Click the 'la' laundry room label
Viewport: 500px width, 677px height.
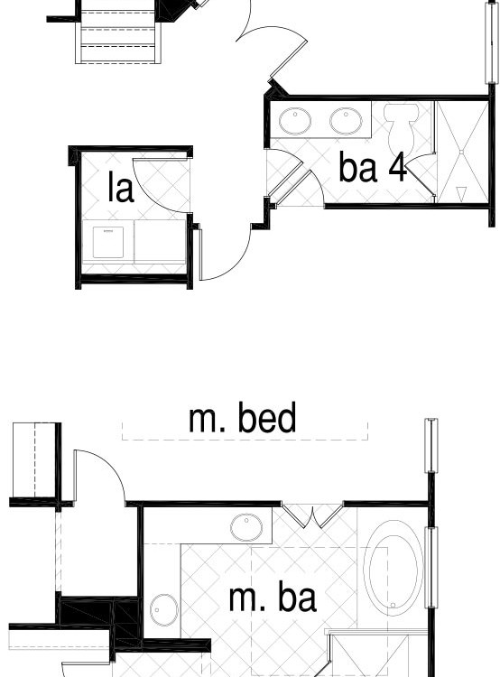click(120, 188)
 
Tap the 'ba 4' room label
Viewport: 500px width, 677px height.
click(373, 168)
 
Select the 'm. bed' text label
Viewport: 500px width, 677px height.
click(243, 418)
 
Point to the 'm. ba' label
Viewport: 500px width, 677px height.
click(273, 597)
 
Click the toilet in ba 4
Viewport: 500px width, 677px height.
click(401, 126)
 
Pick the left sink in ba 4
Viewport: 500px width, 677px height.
click(295, 121)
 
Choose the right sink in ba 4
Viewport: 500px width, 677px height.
click(346, 121)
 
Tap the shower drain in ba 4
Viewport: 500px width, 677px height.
click(461, 153)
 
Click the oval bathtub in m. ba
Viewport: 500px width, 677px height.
click(394, 568)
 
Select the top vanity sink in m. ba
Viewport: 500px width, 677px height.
click(246, 527)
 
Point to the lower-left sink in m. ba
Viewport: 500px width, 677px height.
click(164, 610)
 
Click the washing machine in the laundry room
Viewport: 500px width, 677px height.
click(108, 243)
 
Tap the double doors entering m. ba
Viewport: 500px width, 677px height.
click(312, 515)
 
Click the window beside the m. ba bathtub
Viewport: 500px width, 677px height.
click(431, 568)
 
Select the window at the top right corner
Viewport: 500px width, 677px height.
click(491, 42)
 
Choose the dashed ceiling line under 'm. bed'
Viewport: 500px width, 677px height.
click(245, 440)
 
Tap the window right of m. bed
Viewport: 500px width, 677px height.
click(431, 445)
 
